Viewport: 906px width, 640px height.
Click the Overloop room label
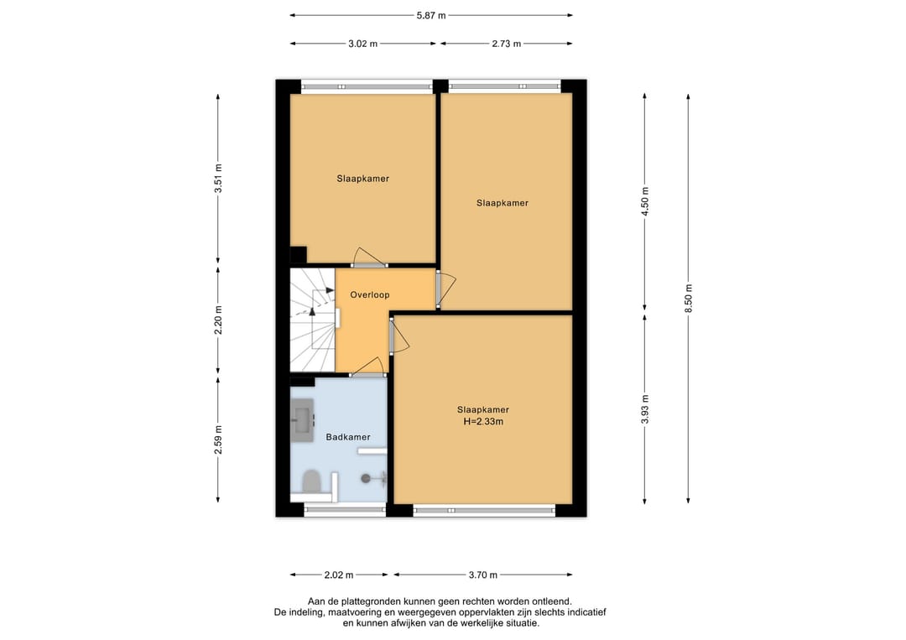click(x=370, y=294)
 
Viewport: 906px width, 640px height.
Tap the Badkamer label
click(x=348, y=437)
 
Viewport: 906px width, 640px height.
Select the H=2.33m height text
click(x=483, y=422)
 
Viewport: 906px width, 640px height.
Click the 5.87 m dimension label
click(x=431, y=16)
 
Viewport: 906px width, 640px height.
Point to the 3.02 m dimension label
click(x=363, y=44)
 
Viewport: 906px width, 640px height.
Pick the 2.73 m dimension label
click(x=507, y=44)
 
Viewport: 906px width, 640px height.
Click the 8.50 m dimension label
click(x=688, y=298)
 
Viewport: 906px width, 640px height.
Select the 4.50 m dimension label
click(x=645, y=201)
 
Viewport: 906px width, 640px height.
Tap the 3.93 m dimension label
click(x=645, y=409)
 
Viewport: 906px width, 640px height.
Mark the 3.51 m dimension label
click(x=218, y=179)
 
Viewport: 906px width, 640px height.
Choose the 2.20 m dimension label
click(x=218, y=320)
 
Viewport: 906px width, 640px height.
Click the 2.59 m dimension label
click(x=218, y=440)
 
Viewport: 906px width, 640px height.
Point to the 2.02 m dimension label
click(x=339, y=575)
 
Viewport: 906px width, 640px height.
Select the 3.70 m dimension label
click(x=483, y=575)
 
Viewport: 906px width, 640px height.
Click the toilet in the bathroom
click(x=312, y=481)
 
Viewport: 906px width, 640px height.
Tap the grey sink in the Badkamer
click(x=302, y=420)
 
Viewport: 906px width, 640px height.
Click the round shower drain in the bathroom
click(x=366, y=478)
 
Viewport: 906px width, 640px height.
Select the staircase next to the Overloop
click(x=313, y=320)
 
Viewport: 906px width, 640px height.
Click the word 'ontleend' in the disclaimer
click(x=553, y=601)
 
